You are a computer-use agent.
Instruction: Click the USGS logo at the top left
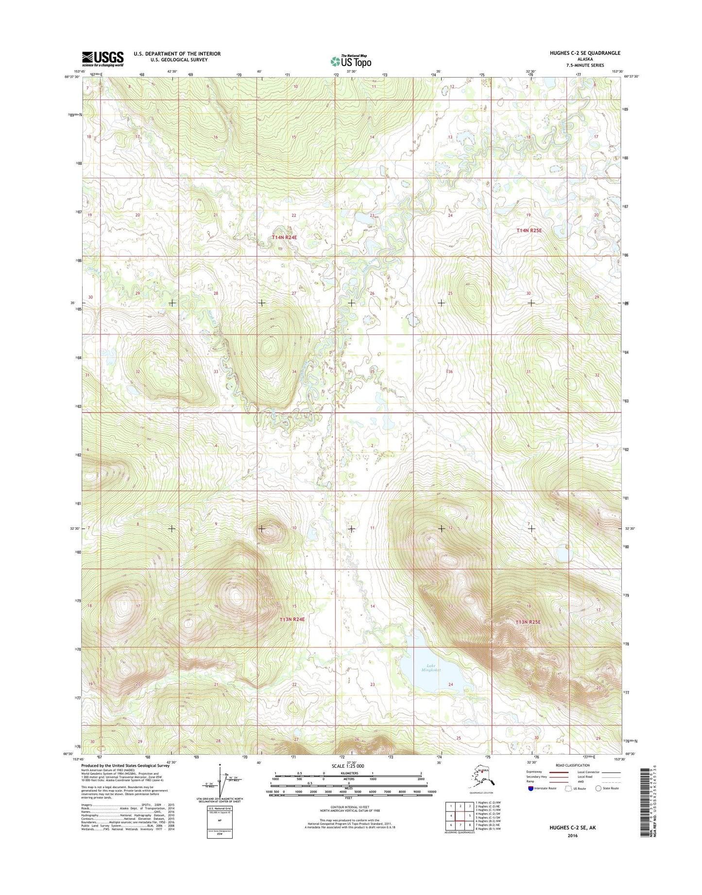pyautogui.click(x=103, y=59)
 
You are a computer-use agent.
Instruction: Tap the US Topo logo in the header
pyautogui.click(x=351, y=61)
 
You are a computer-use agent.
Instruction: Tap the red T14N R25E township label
pyautogui.click(x=529, y=230)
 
